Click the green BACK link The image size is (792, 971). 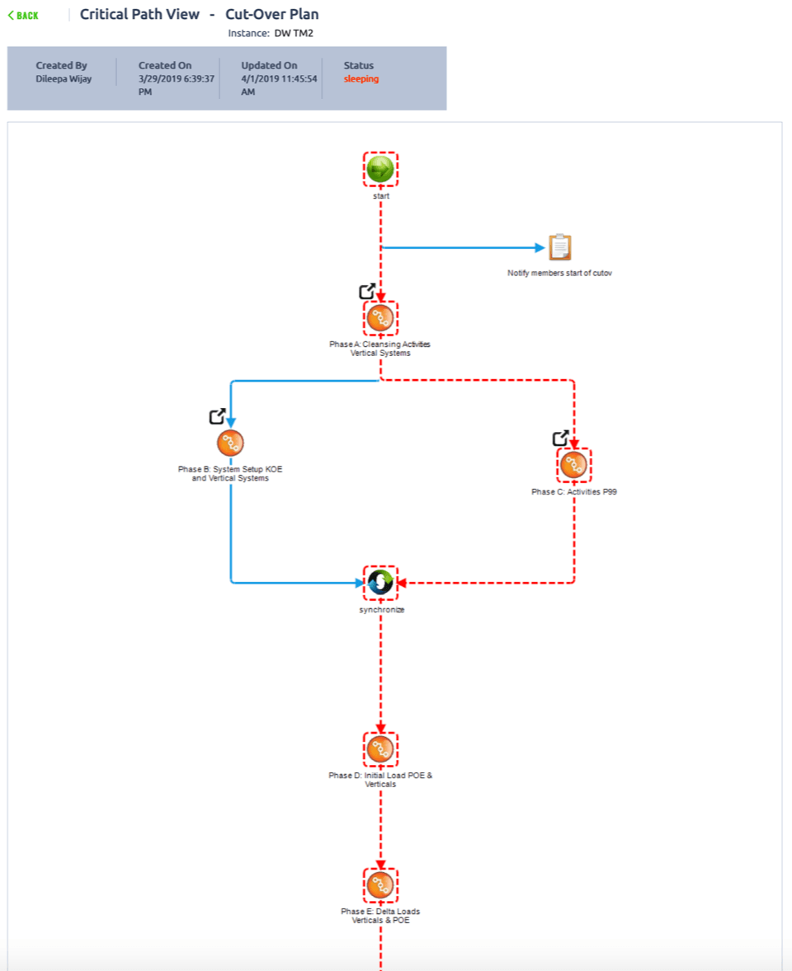pyautogui.click(x=23, y=16)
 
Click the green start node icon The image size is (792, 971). pyautogui.click(x=380, y=169)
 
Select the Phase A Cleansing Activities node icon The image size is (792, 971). pyautogui.click(x=380, y=318)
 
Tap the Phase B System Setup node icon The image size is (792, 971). pyautogui.click(x=230, y=443)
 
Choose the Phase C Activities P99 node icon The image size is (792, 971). pyautogui.click(x=573, y=466)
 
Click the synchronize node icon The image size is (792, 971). pyautogui.click(x=380, y=583)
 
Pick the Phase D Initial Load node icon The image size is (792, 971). pyautogui.click(x=380, y=749)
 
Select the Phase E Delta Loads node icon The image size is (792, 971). pyautogui.click(x=380, y=885)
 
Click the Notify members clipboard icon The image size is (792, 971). pyautogui.click(x=559, y=247)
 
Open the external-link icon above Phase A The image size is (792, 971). pyautogui.click(x=367, y=291)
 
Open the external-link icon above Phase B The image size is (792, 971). pyautogui.click(x=217, y=416)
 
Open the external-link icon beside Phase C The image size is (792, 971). pyautogui.click(x=560, y=438)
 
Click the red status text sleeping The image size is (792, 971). pyautogui.click(x=361, y=79)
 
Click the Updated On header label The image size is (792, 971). pyautogui.click(x=269, y=65)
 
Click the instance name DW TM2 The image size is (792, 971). pyautogui.click(x=294, y=34)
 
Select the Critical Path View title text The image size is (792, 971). pyautogui.click(x=139, y=14)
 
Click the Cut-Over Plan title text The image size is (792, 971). pyautogui.click(x=271, y=14)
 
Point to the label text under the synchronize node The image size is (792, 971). pyautogui.click(x=380, y=610)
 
